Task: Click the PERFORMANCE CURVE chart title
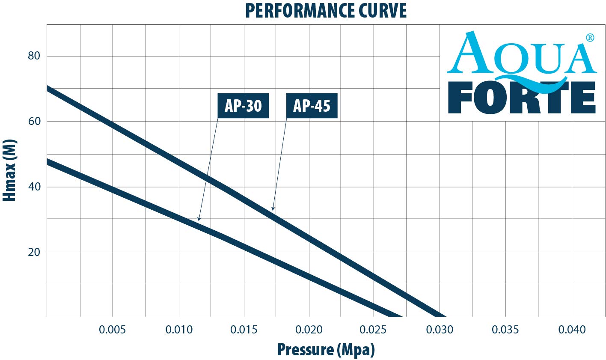tap(326, 11)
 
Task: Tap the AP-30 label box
tap(243, 105)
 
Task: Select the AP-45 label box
tap(312, 105)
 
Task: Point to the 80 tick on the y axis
tap(34, 56)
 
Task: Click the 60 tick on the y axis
tap(34, 121)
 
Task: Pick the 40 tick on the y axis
tap(34, 187)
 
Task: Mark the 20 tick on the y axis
tap(34, 252)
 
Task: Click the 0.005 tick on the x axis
tap(113, 330)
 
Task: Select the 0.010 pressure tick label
tap(178, 330)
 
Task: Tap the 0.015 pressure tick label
tap(244, 330)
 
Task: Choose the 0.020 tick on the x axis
tap(309, 330)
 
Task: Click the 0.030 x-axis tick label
tap(440, 330)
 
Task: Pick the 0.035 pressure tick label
tap(505, 330)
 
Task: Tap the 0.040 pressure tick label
tap(572, 330)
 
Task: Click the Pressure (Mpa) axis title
tap(326, 349)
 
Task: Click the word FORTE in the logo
tap(522, 98)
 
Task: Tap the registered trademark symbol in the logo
tap(590, 38)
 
